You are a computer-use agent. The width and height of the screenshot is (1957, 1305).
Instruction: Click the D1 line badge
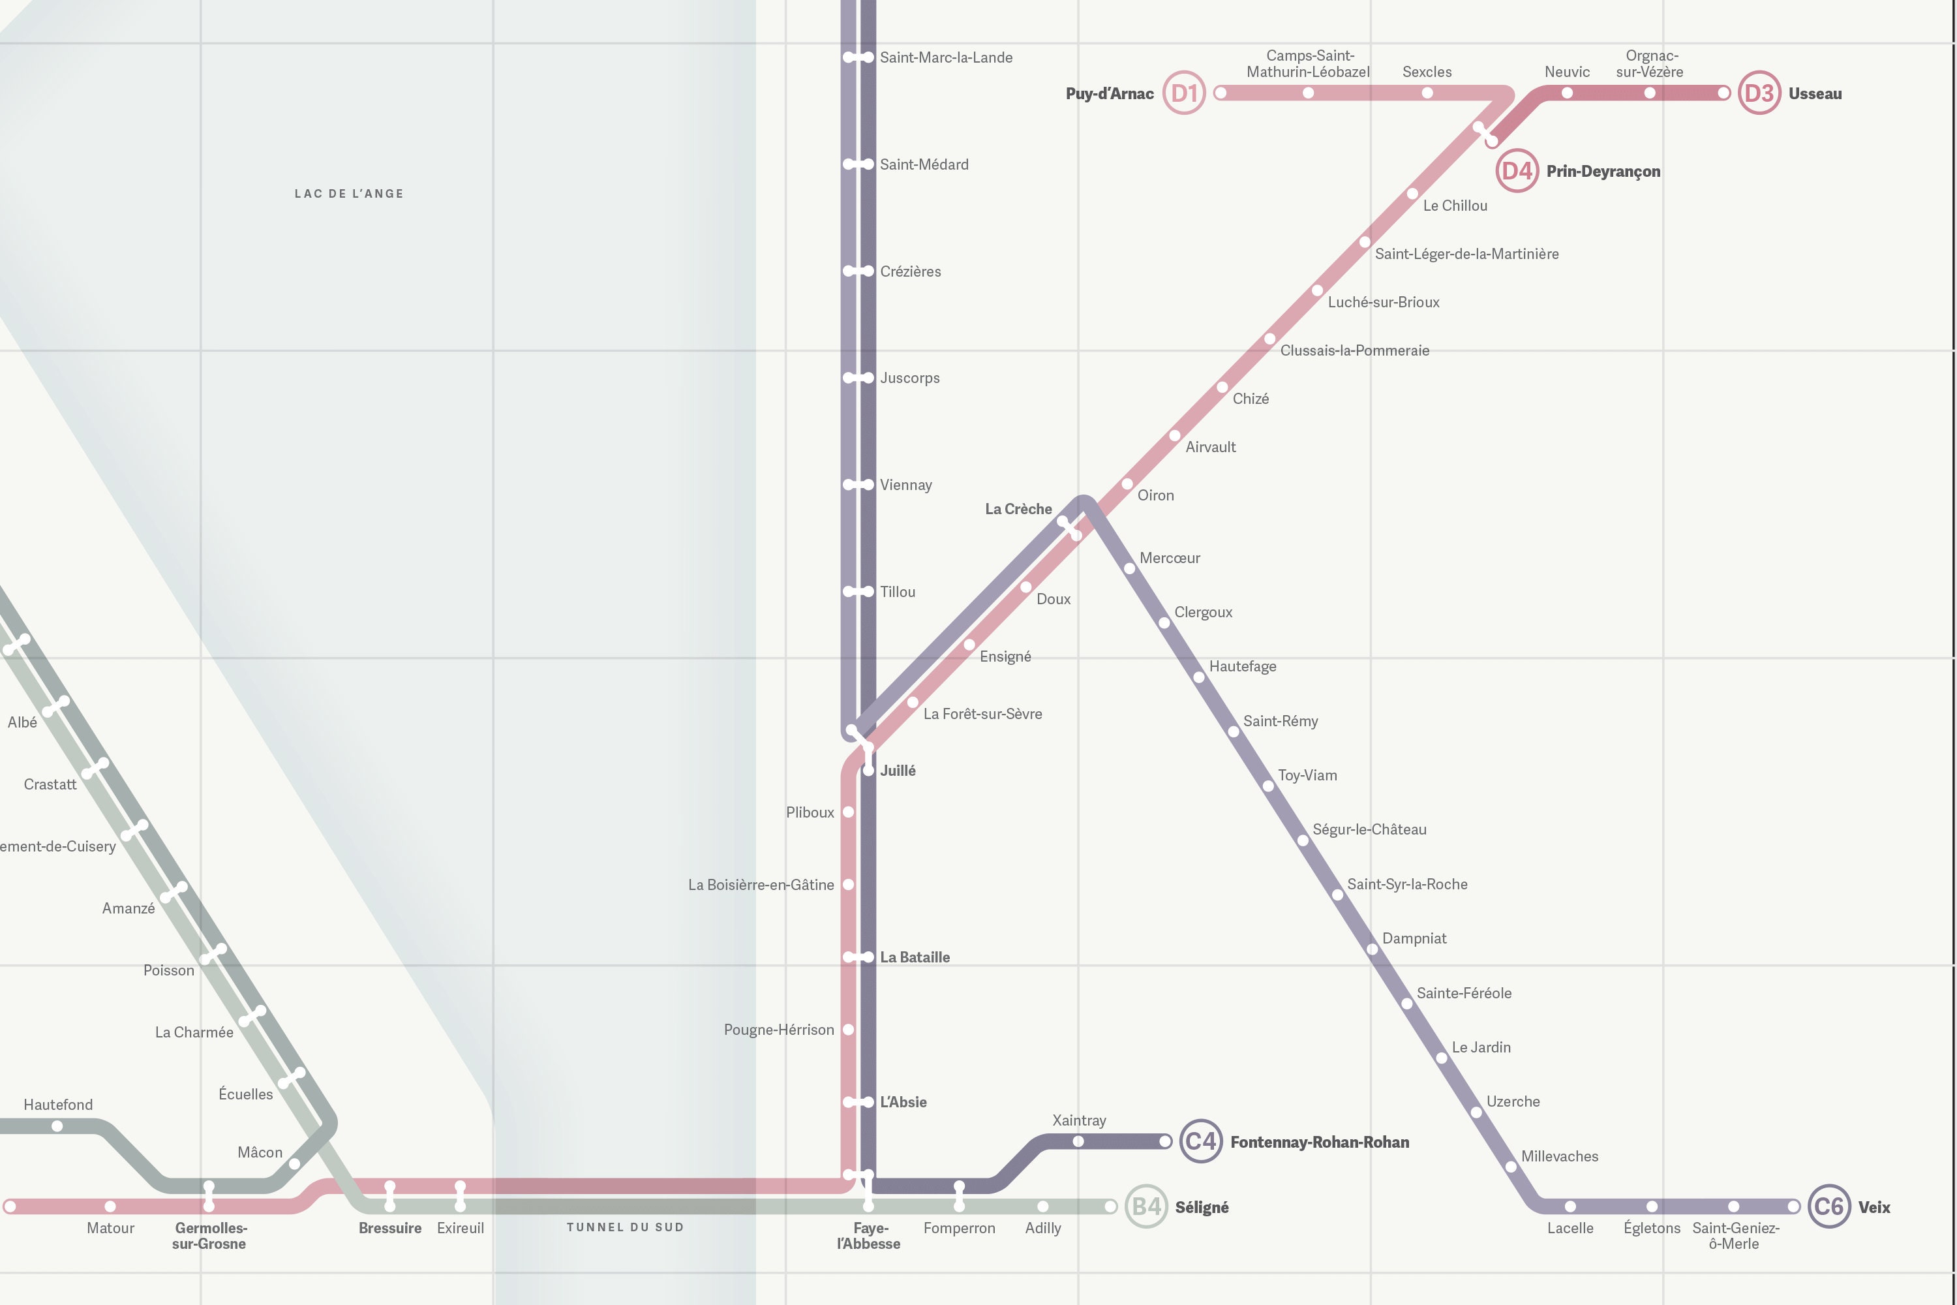pos(1183,93)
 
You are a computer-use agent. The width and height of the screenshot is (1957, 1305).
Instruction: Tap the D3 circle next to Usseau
pos(1758,93)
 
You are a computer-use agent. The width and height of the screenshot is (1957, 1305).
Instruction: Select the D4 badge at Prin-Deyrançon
pos(1516,170)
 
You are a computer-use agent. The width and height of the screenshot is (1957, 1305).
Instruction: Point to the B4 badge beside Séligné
pos(1145,1206)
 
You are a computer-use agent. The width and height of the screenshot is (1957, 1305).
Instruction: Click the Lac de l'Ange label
pos(348,194)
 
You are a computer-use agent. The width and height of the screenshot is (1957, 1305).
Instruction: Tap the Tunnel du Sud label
pos(625,1227)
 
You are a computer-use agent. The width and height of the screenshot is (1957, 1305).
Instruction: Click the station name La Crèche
pos(1018,508)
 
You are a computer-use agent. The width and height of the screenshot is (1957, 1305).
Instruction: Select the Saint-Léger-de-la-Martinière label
pos(1466,254)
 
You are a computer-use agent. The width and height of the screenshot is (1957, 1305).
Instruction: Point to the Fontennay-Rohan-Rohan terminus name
pos(1319,1142)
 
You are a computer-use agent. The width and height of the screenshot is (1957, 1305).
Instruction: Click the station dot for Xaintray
pos(1078,1141)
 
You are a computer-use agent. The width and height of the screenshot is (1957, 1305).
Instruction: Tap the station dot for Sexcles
pos(1427,93)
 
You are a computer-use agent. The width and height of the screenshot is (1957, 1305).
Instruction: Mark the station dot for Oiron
pos(1127,484)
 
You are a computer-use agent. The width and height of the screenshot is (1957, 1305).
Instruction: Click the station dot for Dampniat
pos(1372,949)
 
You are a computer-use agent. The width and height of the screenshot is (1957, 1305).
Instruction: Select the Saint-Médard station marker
pos(858,164)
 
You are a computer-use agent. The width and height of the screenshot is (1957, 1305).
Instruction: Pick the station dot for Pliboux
pos(849,812)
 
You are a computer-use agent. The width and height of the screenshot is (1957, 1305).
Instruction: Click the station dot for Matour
pos(110,1206)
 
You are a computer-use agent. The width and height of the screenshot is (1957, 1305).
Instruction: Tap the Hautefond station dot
pos(57,1126)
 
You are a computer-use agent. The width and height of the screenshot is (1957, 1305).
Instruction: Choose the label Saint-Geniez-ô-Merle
pos(1735,1235)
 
